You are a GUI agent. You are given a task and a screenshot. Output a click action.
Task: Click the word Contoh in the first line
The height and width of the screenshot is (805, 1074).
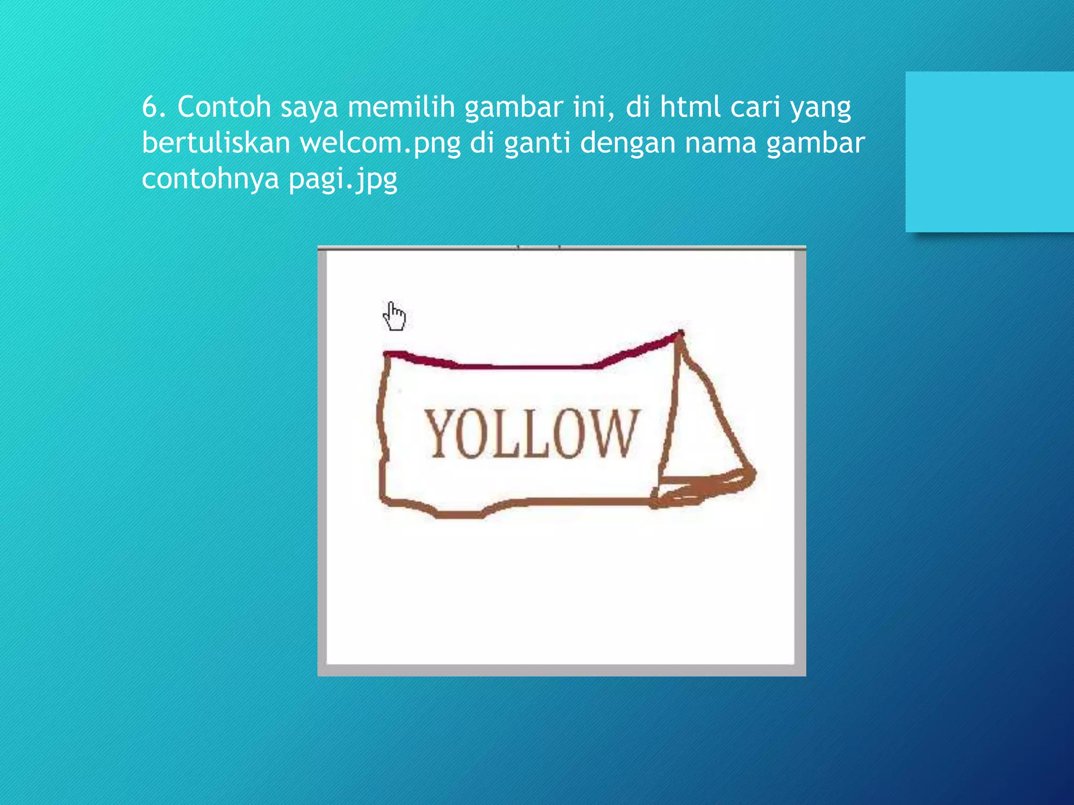tap(224, 107)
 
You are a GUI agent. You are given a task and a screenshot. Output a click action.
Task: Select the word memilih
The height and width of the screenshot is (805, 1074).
tap(401, 107)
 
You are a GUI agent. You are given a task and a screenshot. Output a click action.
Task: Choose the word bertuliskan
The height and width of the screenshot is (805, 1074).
tap(216, 143)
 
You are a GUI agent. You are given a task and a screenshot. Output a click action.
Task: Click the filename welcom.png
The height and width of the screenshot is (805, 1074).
tap(380, 144)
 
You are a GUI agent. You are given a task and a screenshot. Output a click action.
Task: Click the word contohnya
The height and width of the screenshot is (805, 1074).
tap(210, 179)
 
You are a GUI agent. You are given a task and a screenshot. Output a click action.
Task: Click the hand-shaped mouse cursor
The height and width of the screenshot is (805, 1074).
tap(394, 316)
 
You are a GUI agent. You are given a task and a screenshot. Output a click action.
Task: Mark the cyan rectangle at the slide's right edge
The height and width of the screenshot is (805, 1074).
tap(989, 151)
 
